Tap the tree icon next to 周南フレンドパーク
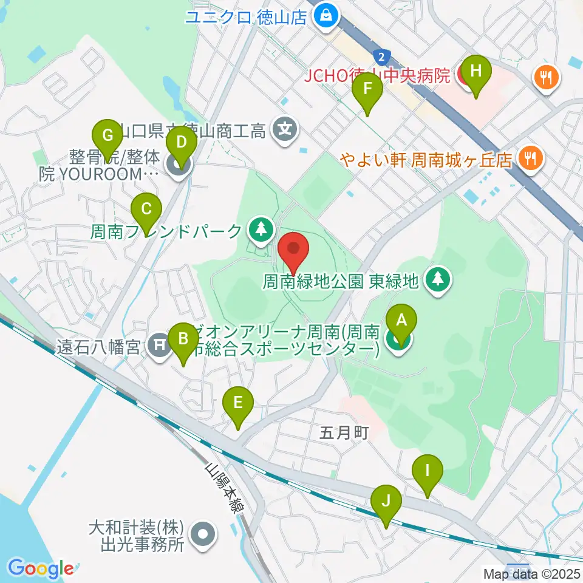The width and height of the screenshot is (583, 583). [x=261, y=229]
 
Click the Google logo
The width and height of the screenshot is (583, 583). [x=41, y=568]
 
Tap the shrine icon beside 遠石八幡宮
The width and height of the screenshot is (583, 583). [x=160, y=346]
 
